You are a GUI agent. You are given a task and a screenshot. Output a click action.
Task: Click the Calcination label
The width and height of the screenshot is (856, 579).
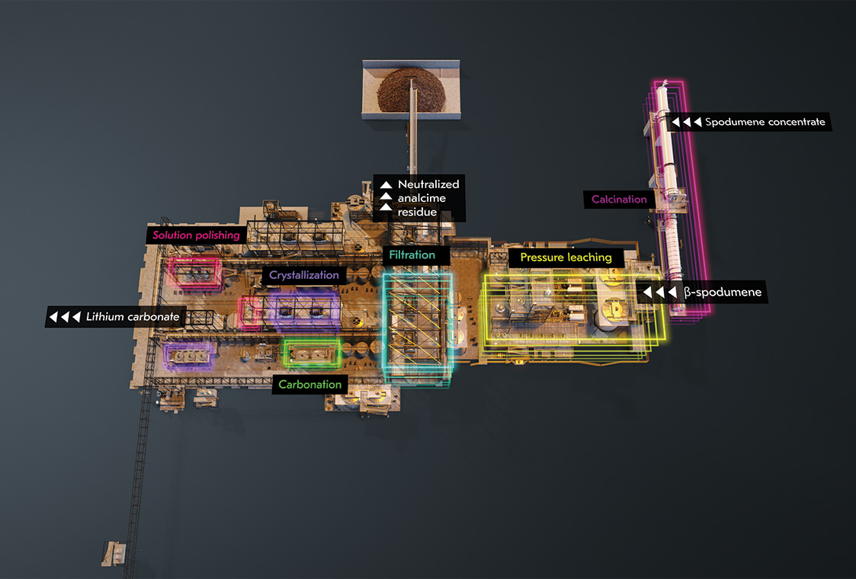[x=619, y=200]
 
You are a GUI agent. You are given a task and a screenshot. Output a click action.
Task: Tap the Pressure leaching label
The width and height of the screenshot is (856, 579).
[x=566, y=258]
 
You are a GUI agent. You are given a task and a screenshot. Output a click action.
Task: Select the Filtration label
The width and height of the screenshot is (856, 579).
[x=412, y=255]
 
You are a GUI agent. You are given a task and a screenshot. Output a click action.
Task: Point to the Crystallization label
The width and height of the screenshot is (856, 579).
[x=303, y=275]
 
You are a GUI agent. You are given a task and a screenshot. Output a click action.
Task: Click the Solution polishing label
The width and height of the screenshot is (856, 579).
[x=196, y=235]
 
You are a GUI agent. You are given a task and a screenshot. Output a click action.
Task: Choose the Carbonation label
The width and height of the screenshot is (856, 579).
[x=310, y=384]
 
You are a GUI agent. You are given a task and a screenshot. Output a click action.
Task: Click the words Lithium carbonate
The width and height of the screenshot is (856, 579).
[x=133, y=316]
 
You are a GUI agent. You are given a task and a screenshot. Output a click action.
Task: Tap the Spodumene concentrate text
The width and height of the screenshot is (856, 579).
[x=765, y=122]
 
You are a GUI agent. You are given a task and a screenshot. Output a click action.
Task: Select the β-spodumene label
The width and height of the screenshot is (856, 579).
[x=723, y=292]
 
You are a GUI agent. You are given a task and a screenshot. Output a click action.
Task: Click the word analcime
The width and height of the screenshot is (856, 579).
[x=422, y=198]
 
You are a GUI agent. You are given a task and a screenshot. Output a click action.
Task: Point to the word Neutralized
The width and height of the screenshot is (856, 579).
[x=428, y=184]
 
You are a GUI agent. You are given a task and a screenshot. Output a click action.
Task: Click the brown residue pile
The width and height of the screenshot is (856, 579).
[x=411, y=90]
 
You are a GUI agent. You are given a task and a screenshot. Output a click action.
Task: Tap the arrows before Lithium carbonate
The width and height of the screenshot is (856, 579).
[x=65, y=316]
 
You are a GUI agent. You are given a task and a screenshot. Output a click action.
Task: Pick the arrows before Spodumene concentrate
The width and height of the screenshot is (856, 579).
[x=686, y=122]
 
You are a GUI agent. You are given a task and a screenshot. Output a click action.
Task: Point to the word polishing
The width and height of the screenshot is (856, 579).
[x=217, y=235]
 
